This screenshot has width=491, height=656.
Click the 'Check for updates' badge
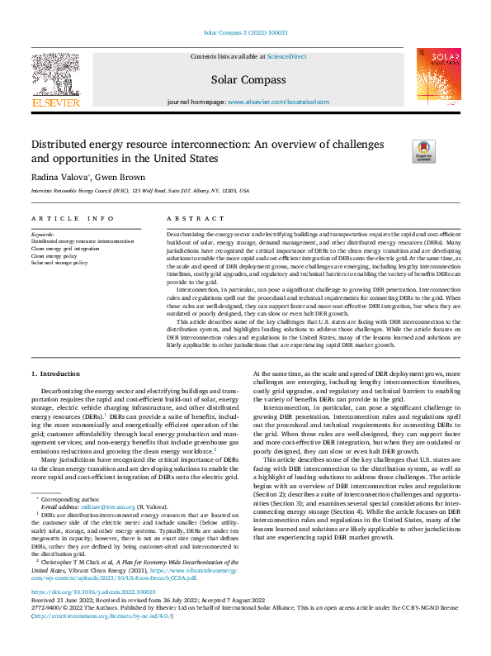[400, 151]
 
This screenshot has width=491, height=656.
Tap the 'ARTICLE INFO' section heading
[73, 219]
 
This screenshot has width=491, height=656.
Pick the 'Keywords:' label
[44, 235]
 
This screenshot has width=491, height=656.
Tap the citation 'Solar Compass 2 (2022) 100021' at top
[245, 34]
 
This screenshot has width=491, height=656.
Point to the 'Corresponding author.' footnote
[65, 499]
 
